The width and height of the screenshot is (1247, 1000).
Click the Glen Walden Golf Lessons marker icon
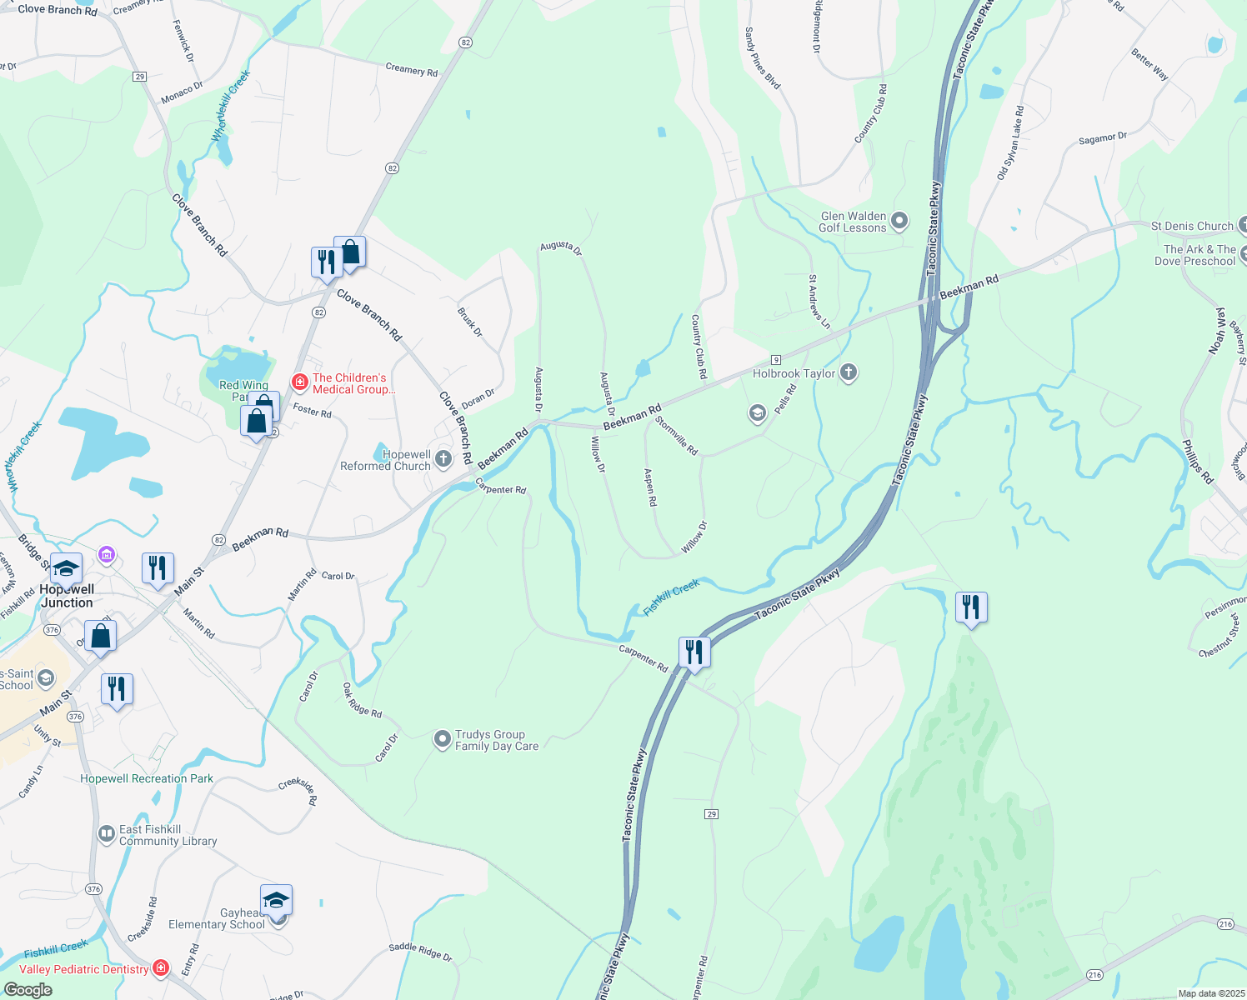(x=899, y=221)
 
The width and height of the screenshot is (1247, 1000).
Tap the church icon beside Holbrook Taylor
(x=849, y=372)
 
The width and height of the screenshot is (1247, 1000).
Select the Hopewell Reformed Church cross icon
(x=443, y=459)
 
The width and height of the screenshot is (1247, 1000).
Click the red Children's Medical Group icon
(x=299, y=382)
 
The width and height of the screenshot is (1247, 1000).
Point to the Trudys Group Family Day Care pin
(x=442, y=739)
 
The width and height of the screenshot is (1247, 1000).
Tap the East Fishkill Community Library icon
(x=106, y=834)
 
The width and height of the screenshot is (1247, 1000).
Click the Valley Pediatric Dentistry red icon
(x=161, y=968)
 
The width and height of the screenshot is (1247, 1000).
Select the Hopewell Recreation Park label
(x=147, y=778)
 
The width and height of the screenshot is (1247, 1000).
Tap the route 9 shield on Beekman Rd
(x=776, y=359)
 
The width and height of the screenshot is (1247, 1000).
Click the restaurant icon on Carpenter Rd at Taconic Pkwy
(x=694, y=652)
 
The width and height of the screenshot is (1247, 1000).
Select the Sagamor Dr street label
(x=1102, y=139)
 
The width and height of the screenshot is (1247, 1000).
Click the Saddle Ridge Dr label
(x=420, y=952)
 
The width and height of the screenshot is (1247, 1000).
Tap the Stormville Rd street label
(x=675, y=435)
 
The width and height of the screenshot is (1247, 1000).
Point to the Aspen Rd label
(x=651, y=487)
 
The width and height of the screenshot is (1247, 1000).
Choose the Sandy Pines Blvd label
(x=762, y=58)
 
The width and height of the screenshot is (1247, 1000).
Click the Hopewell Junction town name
(x=67, y=596)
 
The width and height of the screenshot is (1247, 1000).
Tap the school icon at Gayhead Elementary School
(x=276, y=901)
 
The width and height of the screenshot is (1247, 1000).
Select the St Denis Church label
(x=1191, y=226)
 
